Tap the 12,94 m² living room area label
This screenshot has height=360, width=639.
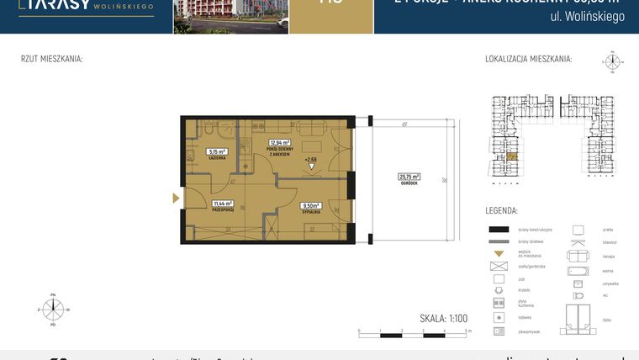279,143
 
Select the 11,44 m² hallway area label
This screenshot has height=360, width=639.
223,203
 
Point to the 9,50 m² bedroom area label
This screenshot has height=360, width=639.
312,204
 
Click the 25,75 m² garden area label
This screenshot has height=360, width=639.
409,177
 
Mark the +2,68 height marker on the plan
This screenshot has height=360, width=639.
311,159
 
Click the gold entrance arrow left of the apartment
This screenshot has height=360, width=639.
176,199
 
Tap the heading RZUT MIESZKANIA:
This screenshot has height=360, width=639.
51,59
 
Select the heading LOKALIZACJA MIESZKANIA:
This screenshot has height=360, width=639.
528,59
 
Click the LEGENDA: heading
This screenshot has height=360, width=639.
501,211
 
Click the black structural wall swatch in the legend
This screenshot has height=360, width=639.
499,230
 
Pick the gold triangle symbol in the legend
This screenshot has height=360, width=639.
499,254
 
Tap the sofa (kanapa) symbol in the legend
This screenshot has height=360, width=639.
578,255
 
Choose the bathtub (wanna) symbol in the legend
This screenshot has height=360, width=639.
578,272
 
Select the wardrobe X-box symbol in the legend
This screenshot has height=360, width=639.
499,266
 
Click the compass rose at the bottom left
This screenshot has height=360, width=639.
52,309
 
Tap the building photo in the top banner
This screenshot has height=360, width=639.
230,16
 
